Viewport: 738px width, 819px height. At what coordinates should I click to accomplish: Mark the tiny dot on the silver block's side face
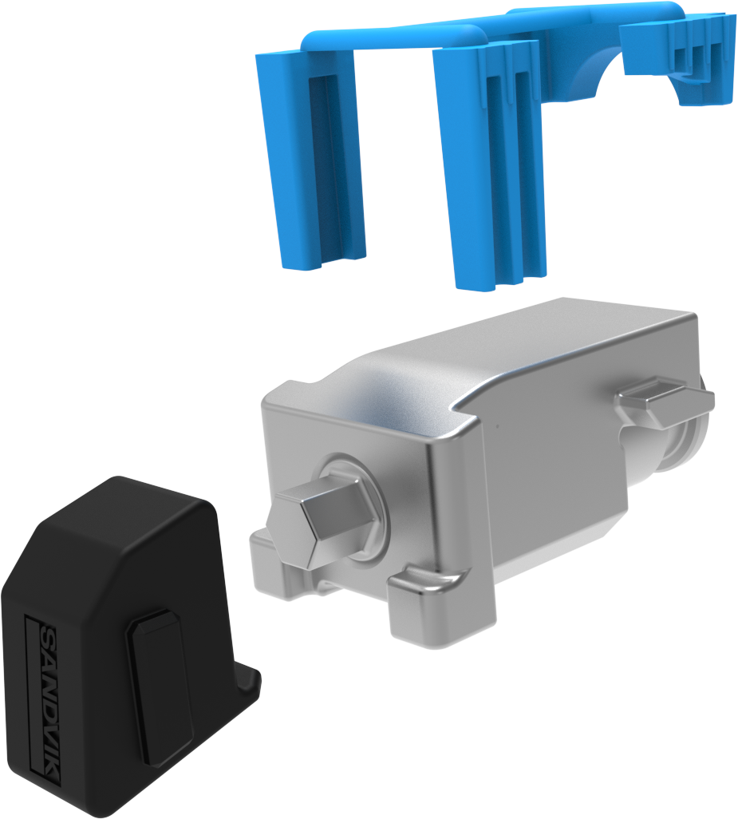(x=497, y=425)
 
